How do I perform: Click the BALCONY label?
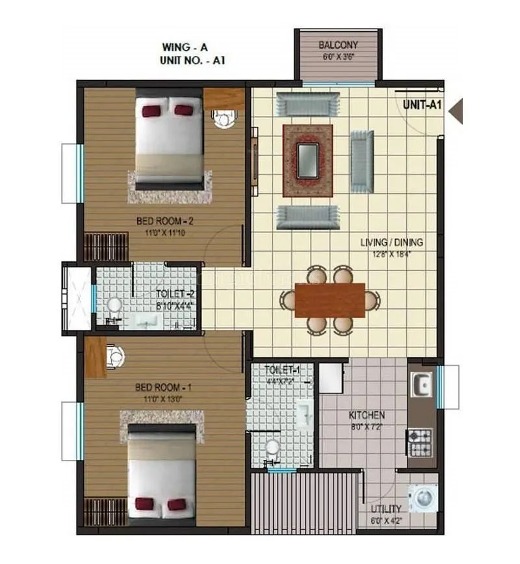click(337, 45)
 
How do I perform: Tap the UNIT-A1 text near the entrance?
click(422, 104)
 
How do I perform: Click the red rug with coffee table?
click(307, 160)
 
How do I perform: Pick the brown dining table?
click(330, 300)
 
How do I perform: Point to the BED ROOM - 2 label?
click(165, 221)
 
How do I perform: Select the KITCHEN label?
click(367, 414)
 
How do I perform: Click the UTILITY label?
click(386, 508)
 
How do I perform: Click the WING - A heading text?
click(185, 47)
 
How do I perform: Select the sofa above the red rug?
click(307, 104)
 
